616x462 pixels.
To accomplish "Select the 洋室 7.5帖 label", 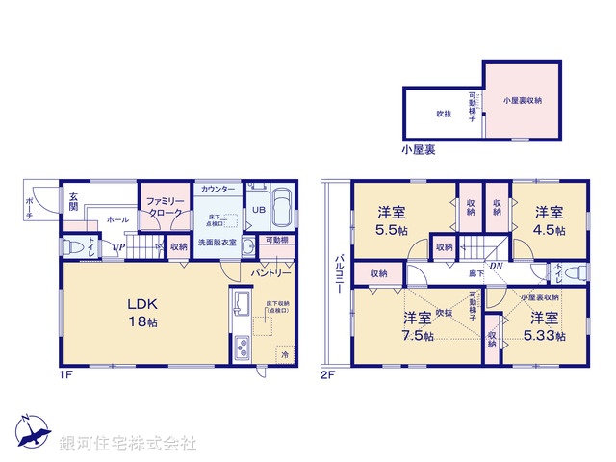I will pyautogui.click(x=417, y=325).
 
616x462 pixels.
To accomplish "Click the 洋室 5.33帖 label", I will pyautogui.click(x=544, y=325).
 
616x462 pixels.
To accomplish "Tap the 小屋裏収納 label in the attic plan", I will pyautogui.click(x=522, y=99).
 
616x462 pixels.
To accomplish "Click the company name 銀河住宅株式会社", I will pyautogui.click(x=128, y=443).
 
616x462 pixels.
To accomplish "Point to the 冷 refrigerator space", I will pyautogui.click(x=285, y=354).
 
